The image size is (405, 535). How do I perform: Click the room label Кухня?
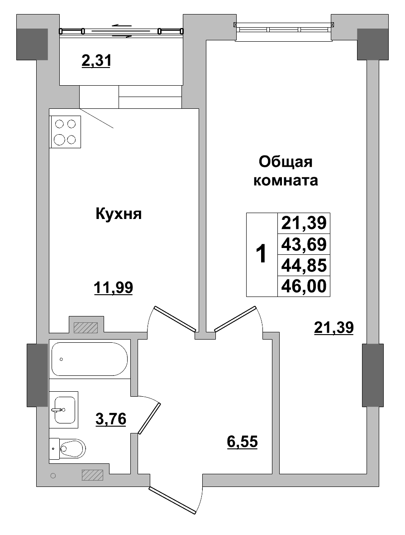coord(119,214)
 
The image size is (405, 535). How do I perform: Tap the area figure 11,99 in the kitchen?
coord(113,287)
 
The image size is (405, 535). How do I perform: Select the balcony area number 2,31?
coord(96,60)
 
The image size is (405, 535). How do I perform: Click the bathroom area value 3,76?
coord(110,418)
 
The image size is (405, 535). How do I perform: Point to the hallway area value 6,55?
coord(242,441)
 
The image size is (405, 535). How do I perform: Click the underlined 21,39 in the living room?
coord(334,327)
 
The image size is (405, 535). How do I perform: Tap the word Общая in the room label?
coord(286,161)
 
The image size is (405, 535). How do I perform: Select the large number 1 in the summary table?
coord(261,254)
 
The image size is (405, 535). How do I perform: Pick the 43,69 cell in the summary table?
coord(304,244)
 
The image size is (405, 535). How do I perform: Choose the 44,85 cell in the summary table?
coord(304,265)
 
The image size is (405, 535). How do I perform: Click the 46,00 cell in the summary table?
coord(304,286)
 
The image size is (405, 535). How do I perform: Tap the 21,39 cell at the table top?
coord(304,224)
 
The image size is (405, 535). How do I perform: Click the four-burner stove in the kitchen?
coord(65,131)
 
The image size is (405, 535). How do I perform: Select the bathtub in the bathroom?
coord(89,359)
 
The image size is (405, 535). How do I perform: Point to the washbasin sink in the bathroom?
coord(63,409)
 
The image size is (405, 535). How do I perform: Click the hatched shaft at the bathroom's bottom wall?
coord(93,475)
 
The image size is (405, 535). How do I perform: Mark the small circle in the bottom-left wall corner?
coord(53,476)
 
